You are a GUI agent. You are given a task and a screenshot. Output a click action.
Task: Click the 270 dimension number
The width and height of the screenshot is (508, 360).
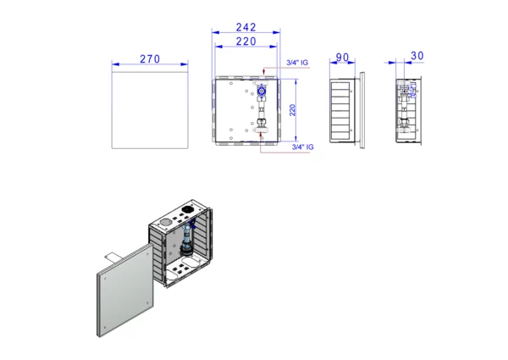[x=150, y=59]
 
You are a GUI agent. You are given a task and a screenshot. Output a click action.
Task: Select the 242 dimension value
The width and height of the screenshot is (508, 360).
[x=246, y=27]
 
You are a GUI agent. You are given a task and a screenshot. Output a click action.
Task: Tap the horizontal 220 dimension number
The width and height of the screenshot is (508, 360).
[x=246, y=42]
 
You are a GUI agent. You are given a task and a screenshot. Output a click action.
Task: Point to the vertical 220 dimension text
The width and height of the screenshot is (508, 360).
[x=292, y=110]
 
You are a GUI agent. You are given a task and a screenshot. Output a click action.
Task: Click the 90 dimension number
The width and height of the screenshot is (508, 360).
[x=342, y=58]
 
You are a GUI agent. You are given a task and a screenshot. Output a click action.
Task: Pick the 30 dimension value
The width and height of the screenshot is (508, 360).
[x=417, y=56]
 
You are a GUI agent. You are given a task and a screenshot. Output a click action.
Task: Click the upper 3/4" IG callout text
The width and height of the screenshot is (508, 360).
[x=297, y=63]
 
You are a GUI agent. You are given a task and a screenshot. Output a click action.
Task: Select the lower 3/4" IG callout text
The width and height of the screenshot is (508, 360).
[x=302, y=147]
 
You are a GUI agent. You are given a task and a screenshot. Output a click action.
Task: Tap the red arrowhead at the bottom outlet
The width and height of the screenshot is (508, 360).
[x=261, y=137]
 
